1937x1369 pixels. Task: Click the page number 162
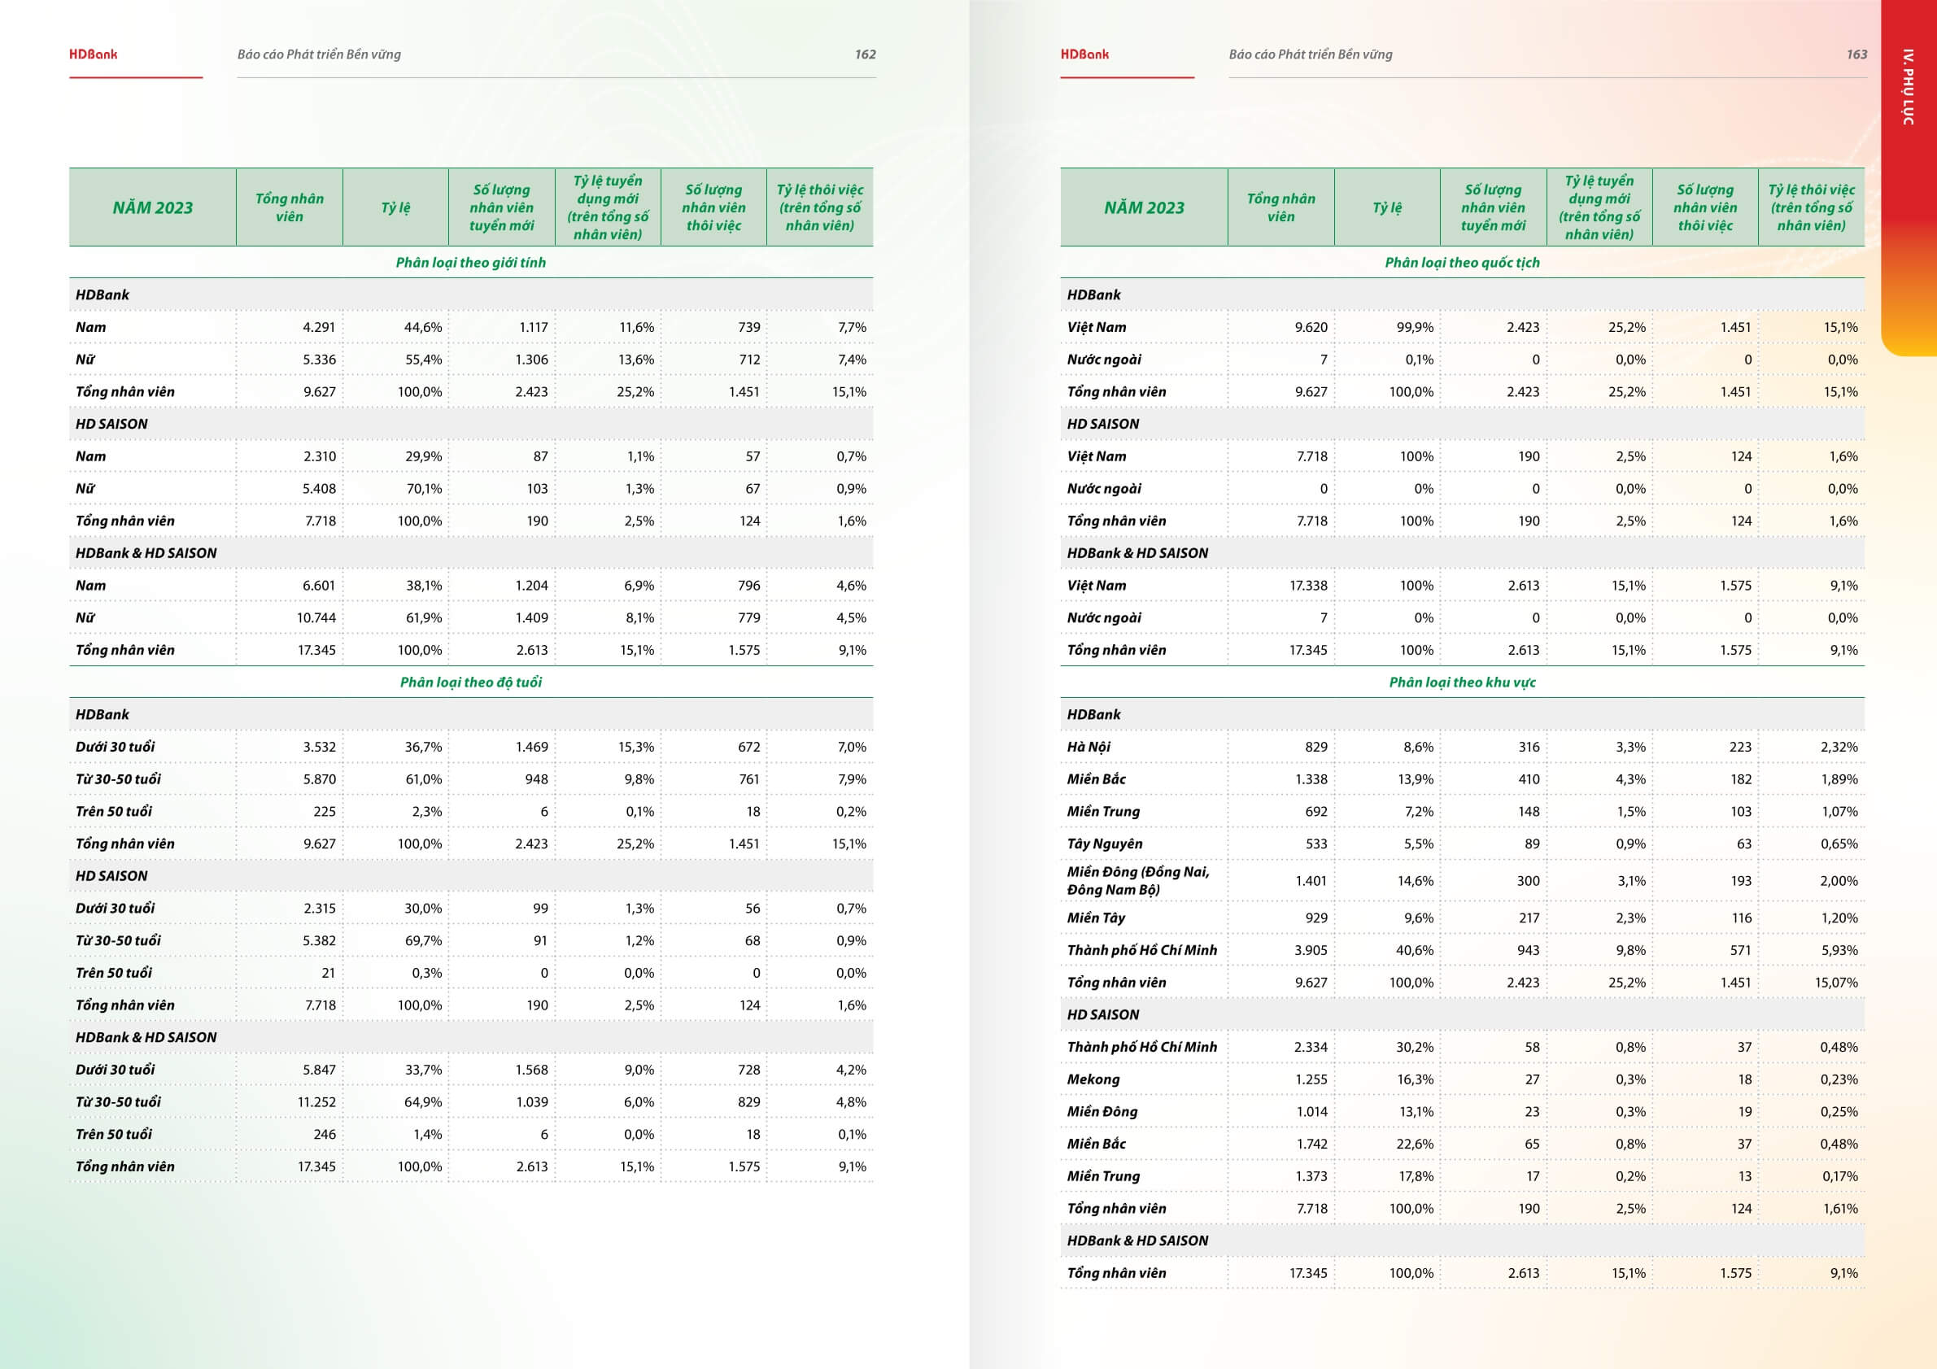pyautogui.click(x=865, y=54)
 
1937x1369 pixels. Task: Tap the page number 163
pyautogui.click(x=1856, y=54)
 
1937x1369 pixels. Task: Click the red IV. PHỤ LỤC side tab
pyautogui.click(x=1908, y=88)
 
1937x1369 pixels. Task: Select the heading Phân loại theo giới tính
pyautogui.click(x=471, y=262)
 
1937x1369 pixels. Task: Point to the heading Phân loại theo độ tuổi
pyautogui.click(x=471, y=682)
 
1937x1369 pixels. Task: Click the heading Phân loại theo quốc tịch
pyautogui.click(x=1462, y=262)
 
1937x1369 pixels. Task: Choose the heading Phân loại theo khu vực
pyautogui.click(x=1462, y=682)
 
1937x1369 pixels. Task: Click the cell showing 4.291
pyautogui.click(x=319, y=327)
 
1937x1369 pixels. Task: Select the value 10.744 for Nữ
pyautogui.click(x=316, y=617)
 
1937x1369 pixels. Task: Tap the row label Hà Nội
pyautogui.click(x=1088, y=747)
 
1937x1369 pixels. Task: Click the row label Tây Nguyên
pyautogui.click(x=1104, y=844)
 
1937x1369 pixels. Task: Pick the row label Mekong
pyautogui.click(x=1093, y=1079)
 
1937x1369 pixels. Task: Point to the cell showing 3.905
pyautogui.click(x=1311, y=950)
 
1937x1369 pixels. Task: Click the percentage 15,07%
pyautogui.click(x=1836, y=982)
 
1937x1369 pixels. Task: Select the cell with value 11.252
pyautogui.click(x=316, y=1101)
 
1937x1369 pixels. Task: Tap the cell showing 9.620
pyautogui.click(x=1311, y=327)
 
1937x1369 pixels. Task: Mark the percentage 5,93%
pyautogui.click(x=1839, y=950)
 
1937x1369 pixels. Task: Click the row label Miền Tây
pyautogui.click(x=1096, y=918)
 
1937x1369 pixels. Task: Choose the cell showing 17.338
pyautogui.click(x=1308, y=586)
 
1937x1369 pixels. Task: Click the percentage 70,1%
pyautogui.click(x=424, y=488)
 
